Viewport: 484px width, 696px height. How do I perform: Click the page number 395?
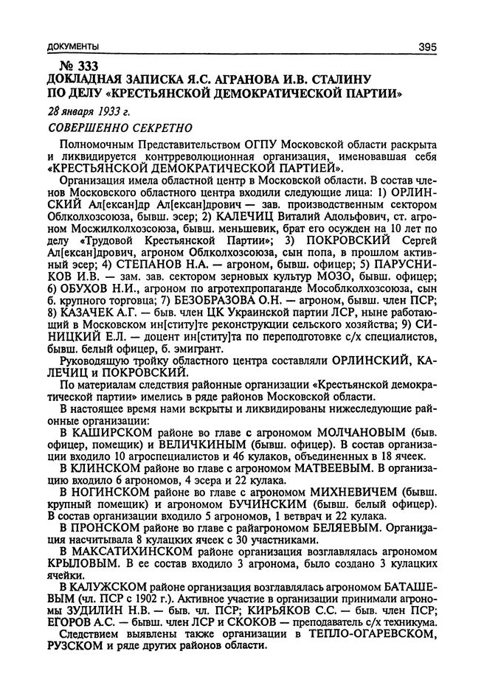pyautogui.click(x=427, y=47)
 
